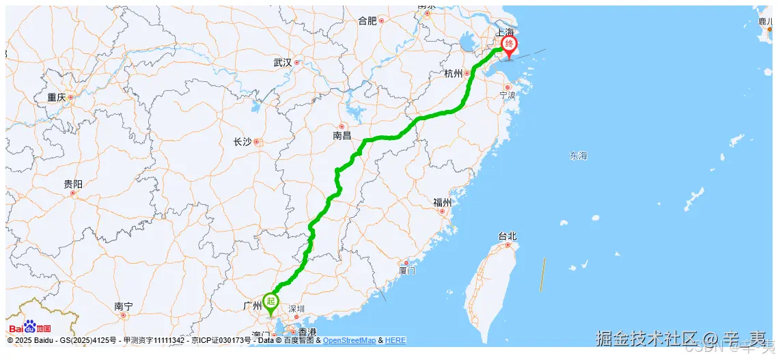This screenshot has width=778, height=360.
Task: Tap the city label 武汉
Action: point(282,62)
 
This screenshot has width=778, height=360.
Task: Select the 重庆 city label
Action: point(56,98)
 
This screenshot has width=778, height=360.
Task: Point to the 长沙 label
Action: point(242,142)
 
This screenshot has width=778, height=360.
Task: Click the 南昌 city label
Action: point(342,136)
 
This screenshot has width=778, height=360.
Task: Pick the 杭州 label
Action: point(453,74)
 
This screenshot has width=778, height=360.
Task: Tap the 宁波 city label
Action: point(507,95)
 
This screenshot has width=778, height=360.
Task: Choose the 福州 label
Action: point(442,202)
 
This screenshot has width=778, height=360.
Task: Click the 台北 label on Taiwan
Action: point(508,236)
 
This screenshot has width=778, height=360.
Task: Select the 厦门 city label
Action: point(407,271)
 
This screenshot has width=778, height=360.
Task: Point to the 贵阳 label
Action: point(73,184)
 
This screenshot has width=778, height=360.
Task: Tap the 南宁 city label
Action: point(124,307)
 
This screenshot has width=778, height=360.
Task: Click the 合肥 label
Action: point(367,20)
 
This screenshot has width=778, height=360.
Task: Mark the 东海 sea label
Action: point(578,156)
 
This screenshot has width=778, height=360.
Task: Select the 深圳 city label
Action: point(296,309)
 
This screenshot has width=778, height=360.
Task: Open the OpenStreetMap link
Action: point(349,340)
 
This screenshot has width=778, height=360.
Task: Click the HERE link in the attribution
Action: point(395,340)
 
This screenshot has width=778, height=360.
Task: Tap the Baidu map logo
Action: point(30,327)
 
